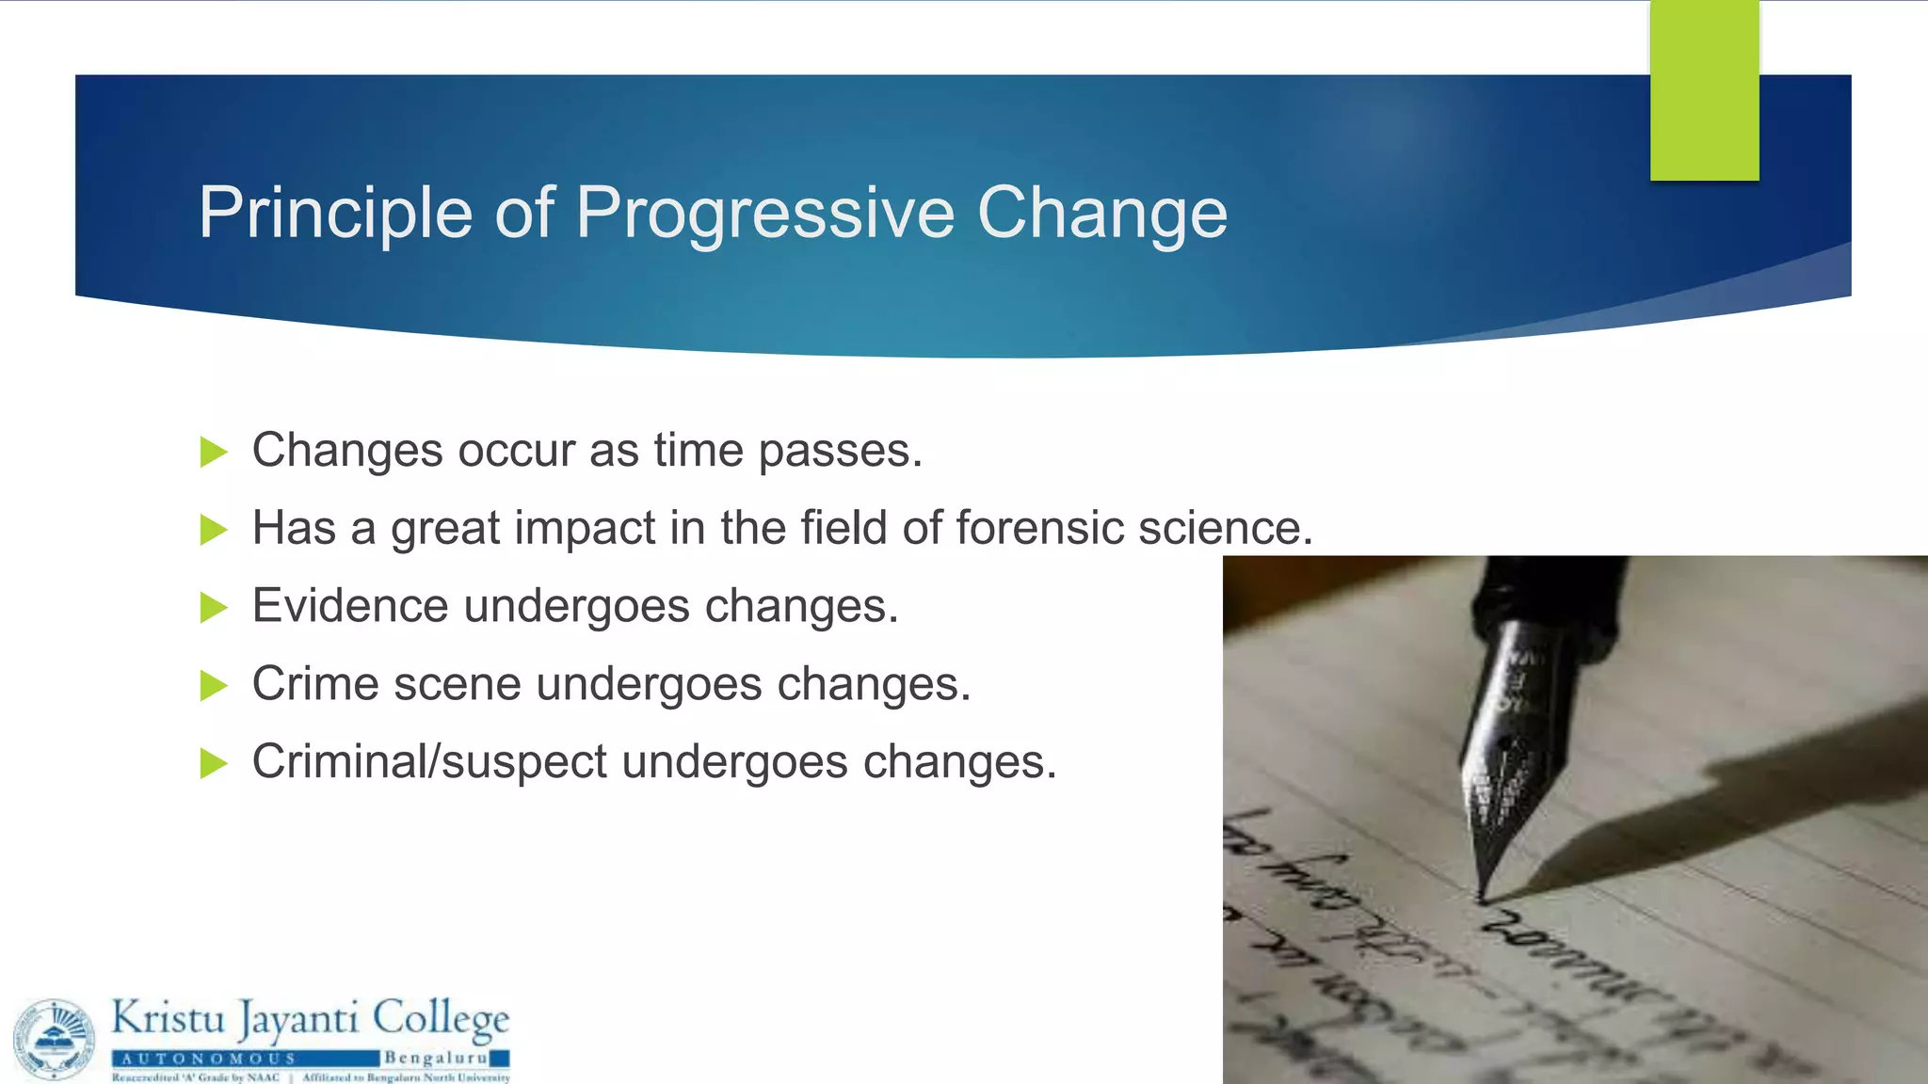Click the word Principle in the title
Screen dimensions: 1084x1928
click(x=334, y=214)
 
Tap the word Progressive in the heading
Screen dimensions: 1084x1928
click(x=764, y=214)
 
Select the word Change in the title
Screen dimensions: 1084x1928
click(x=1101, y=214)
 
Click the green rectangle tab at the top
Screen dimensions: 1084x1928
click(x=1704, y=90)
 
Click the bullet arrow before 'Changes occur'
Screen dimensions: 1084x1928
click(x=214, y=453)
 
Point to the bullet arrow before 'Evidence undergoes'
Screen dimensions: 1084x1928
click(x=214, y=608)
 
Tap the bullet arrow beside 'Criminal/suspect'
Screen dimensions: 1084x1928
click(x=214, y=763)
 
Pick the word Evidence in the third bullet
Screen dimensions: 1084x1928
click(x=349, y=606)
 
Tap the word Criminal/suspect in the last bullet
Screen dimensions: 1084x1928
click(x=429, y=762)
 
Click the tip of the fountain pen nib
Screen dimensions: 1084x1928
click(x=1482, y=899)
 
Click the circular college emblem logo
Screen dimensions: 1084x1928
click(x=55, y=1039)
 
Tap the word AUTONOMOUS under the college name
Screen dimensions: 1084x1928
click(x=208, y=1059)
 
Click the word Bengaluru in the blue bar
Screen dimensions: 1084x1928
click(x=434, y=1059)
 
